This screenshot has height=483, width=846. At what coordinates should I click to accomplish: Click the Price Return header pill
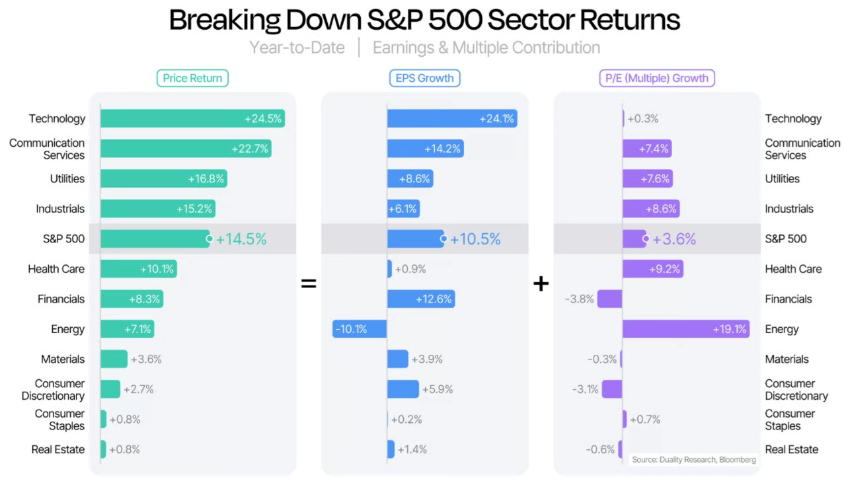(x=192, y=78)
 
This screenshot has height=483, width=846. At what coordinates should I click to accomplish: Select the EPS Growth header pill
(x=424, y=78)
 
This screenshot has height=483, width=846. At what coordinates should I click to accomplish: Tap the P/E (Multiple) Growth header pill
(x=657, y=78)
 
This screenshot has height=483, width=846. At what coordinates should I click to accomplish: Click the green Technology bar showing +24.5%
(x=192, y=119)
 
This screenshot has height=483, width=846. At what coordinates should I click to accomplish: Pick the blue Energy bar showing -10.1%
(x=360, y=329)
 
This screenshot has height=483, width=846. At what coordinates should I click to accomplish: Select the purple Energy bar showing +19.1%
(x=685, y=329)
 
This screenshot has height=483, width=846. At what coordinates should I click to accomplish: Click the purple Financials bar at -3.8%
(x=609, y=299)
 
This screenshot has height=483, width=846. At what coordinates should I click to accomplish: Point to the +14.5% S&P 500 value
(x=241, y=239)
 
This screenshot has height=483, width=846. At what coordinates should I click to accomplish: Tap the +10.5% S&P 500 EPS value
(x=475, y=239)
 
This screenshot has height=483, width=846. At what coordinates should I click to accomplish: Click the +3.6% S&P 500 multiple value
(x=674, y=239)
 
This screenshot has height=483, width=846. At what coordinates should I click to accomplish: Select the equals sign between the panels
(x=309, y=284)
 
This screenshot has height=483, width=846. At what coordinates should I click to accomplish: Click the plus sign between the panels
(x=541, y=284)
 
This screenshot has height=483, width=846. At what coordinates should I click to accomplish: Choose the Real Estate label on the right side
(x=791, y=449)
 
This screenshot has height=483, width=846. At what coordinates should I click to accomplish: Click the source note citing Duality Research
(x=693, y=460)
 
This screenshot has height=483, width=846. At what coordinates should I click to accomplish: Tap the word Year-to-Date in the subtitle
(x=297, y=48)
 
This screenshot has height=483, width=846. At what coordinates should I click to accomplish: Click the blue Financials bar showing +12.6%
(x=421, y=299)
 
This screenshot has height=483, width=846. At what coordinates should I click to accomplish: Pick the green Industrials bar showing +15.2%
(x=158, y=209)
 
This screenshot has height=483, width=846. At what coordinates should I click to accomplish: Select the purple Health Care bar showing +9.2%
(x=652, y=269)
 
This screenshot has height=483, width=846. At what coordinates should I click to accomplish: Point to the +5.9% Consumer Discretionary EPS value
(x=438, y=389)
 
